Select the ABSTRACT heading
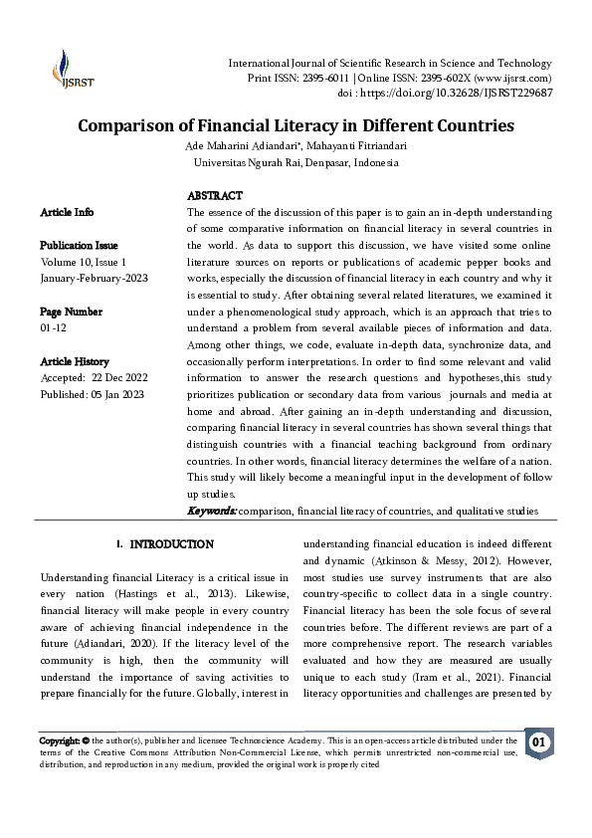(215, 196)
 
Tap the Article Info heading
(67, 212)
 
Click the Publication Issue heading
(79, 246)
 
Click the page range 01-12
(55, 327)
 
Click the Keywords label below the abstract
(212, 511)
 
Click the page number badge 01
(538, 742)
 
